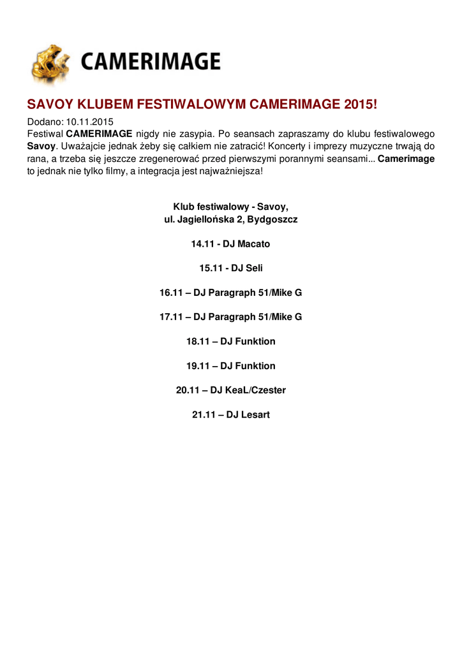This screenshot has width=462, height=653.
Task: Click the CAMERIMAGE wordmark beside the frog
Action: (150, 62)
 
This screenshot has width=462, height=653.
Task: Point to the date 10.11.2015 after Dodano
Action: (89, 122)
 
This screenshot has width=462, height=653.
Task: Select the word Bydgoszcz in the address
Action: (272, 219)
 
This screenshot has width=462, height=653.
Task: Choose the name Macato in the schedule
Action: (254, 244)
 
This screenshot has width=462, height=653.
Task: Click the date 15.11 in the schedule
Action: (210, 268)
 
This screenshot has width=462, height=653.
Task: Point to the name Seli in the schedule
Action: (254, 268)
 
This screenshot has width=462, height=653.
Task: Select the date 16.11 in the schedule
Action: (170, 293)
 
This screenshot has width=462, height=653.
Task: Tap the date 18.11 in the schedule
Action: (197, 341)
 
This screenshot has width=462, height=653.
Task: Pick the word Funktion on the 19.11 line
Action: (255, 365)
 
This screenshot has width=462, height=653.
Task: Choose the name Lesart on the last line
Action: (255, 415)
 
